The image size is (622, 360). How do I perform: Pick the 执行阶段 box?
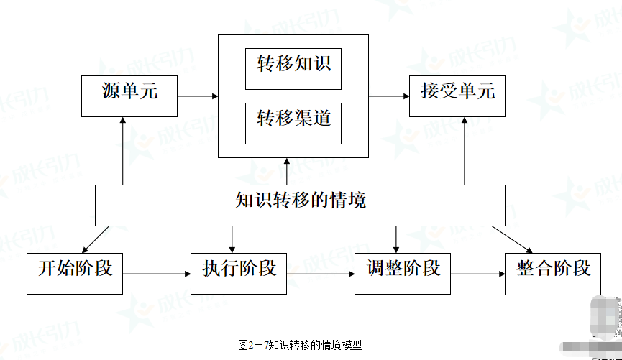(239, 272)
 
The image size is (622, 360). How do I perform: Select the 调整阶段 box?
(403, 272)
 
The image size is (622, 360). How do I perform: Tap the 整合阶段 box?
(553, 272)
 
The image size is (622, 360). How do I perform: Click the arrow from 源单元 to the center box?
(198, 96)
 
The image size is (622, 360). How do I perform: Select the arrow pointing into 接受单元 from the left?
(389, 96)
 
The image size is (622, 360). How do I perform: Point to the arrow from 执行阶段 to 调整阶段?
(320, 273)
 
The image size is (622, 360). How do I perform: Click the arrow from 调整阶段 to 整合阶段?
(477, 273)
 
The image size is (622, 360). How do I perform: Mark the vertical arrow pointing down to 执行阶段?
(232, 239)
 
